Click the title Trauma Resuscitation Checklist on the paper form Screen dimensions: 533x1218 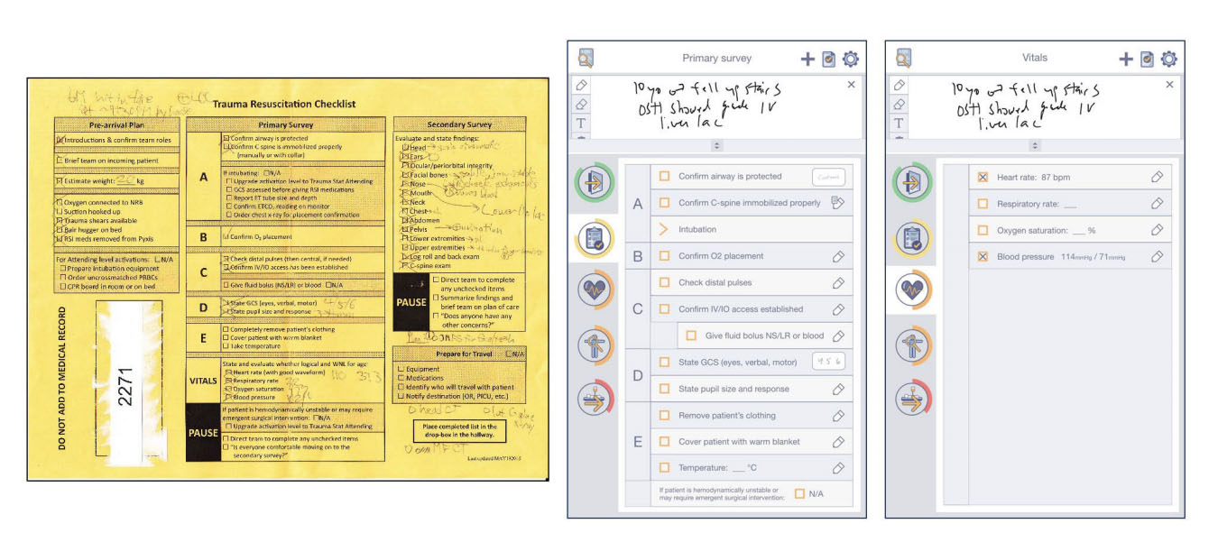[285, 104]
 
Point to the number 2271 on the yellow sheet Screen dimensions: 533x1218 [125, 385]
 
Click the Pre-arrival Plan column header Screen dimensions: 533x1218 [116, 124]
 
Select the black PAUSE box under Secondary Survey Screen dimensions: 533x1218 [411, 303]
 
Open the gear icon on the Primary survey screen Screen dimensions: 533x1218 [850, 60]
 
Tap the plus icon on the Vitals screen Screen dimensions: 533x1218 [1126, 60]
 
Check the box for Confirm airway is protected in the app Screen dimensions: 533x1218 [664, 177]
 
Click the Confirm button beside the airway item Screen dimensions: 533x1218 [830, 177]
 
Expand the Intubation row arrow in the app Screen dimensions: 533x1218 [664, 229]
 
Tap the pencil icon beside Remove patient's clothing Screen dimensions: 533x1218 [838, 416]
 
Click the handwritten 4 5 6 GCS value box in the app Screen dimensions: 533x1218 [829, 363]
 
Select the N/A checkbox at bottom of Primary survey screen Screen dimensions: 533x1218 [799, 493]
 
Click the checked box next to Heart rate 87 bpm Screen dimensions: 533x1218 [983, 178]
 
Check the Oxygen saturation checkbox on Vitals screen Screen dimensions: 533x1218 [983, 231]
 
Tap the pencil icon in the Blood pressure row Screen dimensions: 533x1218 [1158, 257]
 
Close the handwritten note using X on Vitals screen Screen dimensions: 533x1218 [1170, 85]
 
